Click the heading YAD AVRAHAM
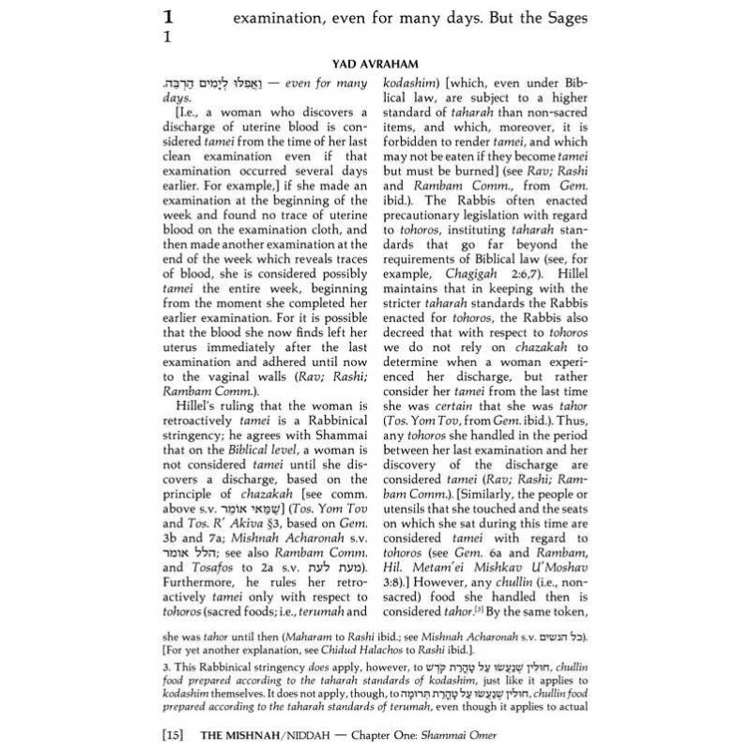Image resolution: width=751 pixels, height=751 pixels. pyautogui.click(x=375, y=64)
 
